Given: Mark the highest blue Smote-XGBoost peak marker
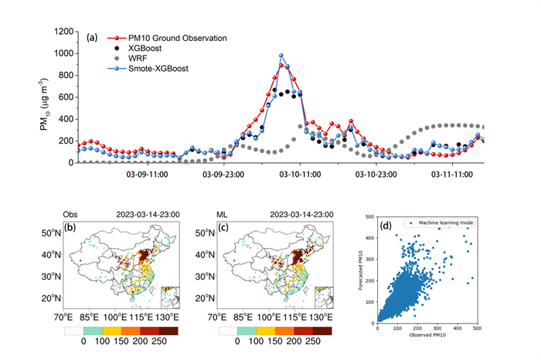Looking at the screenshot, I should click(x=281, y=56).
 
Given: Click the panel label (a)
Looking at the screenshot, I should click(x=93, y=36).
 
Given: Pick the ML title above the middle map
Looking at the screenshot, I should click(x=223, y=213).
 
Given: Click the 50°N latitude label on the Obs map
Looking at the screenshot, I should click(x=51, y=233).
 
